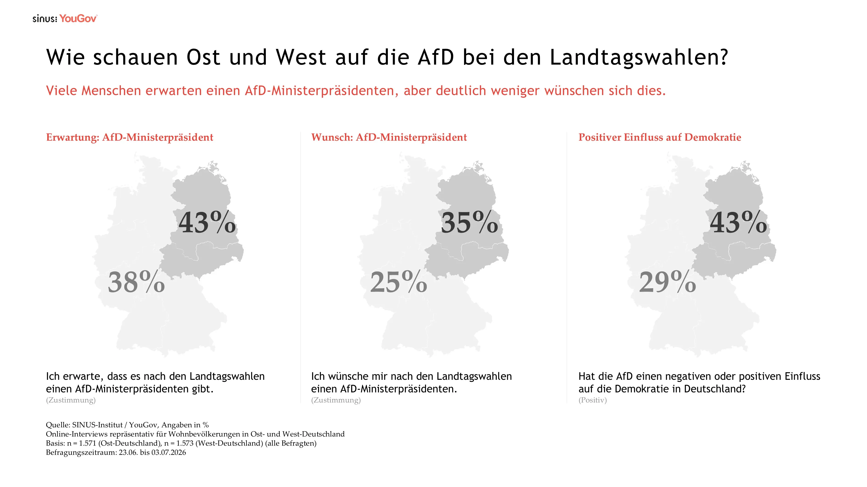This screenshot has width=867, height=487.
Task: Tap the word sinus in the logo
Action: pos(45,19)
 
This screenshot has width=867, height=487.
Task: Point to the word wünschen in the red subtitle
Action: pos(572,91)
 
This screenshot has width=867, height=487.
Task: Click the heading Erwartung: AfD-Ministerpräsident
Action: pos(130,137)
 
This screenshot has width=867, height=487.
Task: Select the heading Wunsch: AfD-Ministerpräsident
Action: pos(389,137)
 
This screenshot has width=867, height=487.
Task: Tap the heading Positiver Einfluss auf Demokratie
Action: pos(660,137)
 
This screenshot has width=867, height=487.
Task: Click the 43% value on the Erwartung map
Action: pos(207,222)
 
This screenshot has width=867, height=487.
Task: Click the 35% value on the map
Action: pos(469,222)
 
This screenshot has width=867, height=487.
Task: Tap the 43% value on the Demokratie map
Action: pos(738,222)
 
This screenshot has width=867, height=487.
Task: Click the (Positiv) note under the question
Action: pos(593,400)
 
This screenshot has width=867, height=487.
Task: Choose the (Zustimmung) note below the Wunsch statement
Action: pos(336,400)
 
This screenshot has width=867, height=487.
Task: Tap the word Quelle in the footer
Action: pos(58,425)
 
